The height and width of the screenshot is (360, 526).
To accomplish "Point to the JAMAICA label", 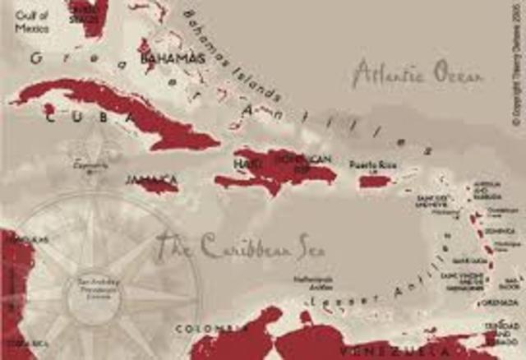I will point(151,178).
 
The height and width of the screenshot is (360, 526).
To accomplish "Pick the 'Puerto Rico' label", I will point(371,165).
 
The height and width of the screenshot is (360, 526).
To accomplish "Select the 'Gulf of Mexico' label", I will point(32,20).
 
